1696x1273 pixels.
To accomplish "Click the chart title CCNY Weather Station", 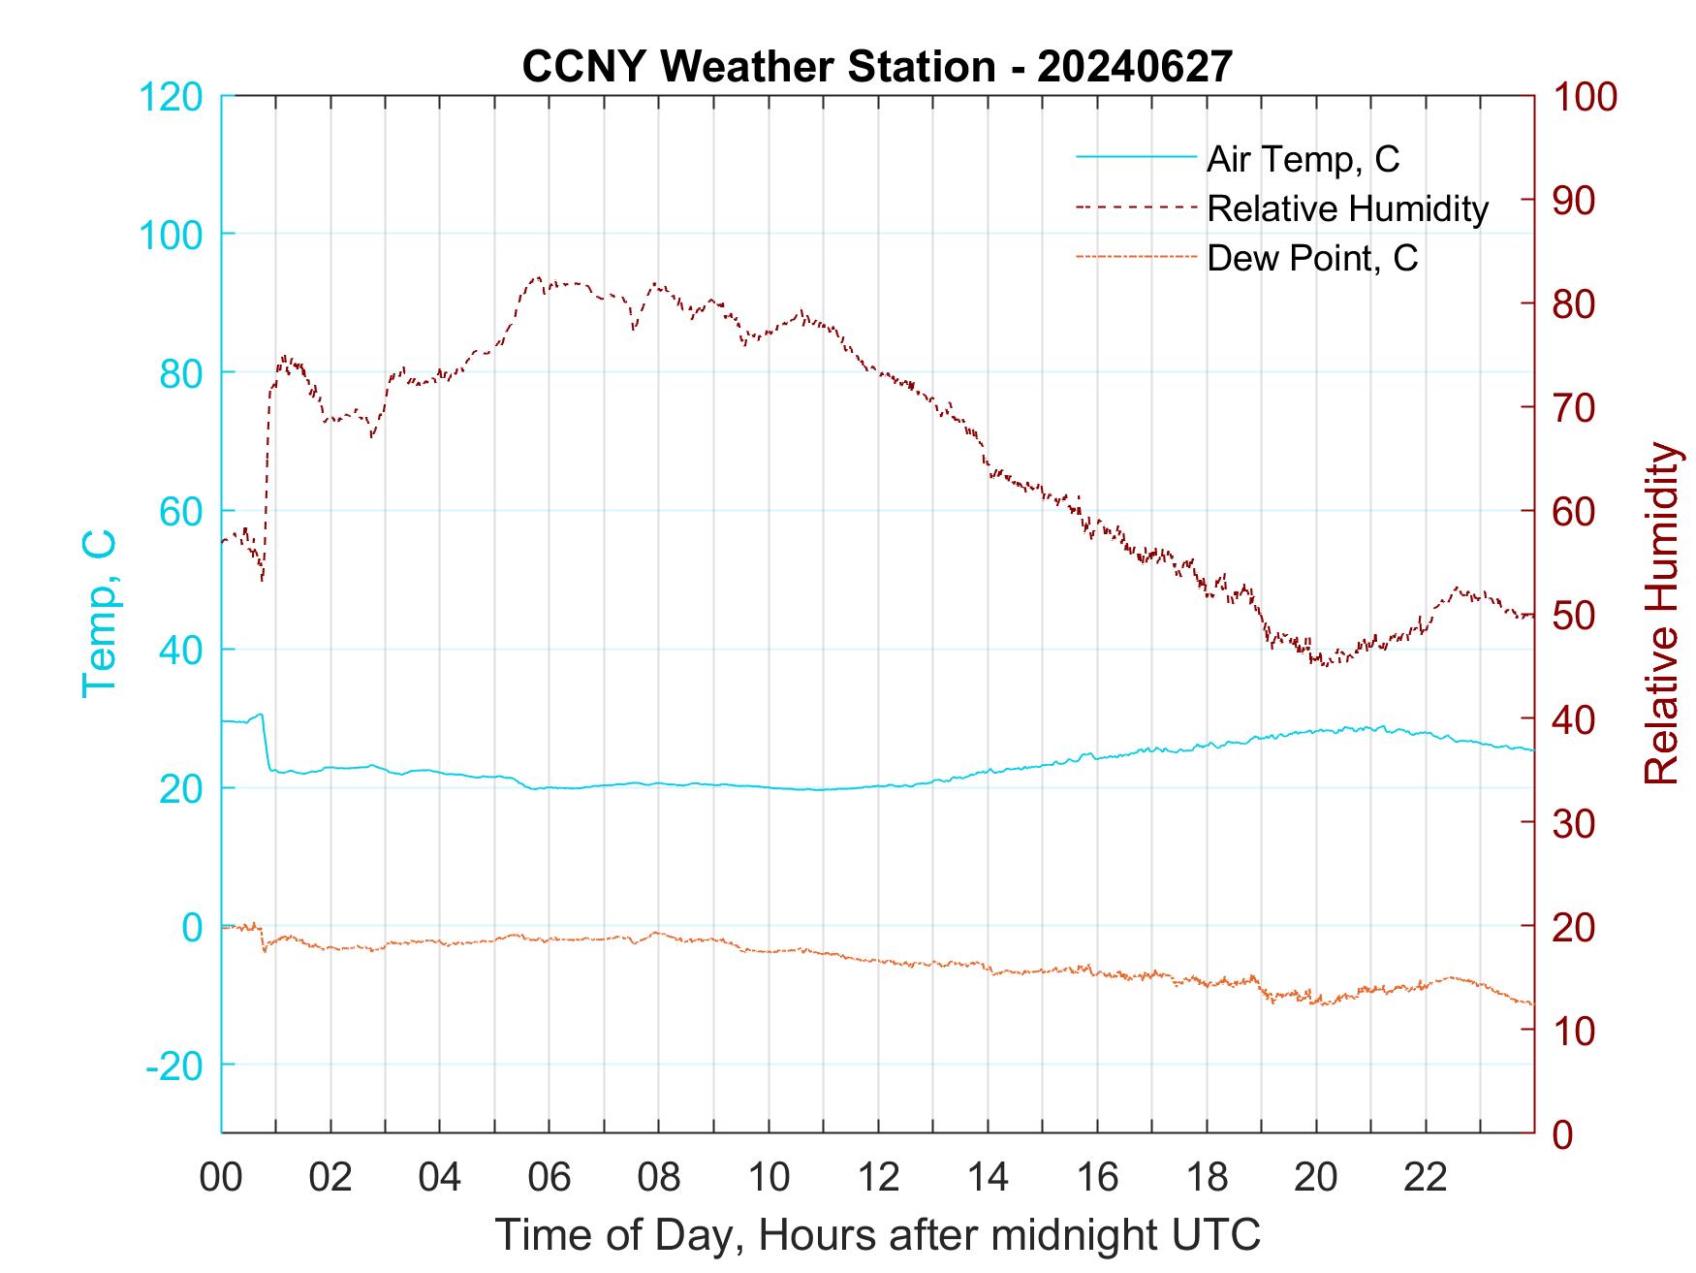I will tap(877, 67).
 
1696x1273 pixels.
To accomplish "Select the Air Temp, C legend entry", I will tap(1302, 159).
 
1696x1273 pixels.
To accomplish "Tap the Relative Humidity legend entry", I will tap(1347, 208).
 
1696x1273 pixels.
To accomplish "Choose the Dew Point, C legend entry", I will tap(1311, 259).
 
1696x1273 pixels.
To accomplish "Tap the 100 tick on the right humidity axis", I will tap(1586, 97).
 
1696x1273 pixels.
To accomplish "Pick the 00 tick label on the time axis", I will tap(221, 1178).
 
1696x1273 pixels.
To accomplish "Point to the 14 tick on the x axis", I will tap(988, 1178).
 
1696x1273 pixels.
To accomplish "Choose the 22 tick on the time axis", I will tap(1426, 1178).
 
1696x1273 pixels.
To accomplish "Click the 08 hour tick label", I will tap(659, 1178).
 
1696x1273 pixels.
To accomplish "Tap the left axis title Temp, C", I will tap(100, 613).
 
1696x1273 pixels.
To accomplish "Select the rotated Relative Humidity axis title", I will tap(1661, 613).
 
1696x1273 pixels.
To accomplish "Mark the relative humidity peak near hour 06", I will tap(538, 277).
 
